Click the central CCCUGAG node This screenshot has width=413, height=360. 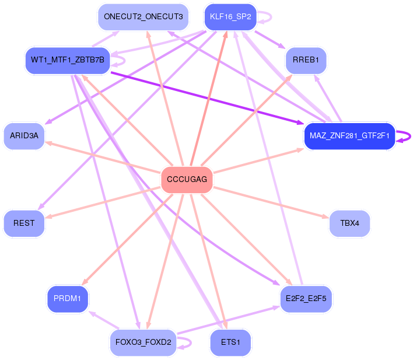tap(187, 179)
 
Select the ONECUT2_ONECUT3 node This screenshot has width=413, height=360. tap(143, 17)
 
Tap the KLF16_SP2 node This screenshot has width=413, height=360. tap(230, 17)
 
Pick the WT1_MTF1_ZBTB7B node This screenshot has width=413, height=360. tap(68, 60)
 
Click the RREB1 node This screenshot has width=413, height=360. tap(306, 60)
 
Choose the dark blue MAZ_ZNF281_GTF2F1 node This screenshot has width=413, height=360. tap(349, 136)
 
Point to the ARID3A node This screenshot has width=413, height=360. tap(24, 136)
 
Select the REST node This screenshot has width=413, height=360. tap(24, 223)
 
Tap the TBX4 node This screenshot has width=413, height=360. tap(349, 223)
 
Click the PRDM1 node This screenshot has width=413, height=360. tap(68, 299)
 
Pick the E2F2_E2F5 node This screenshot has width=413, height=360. tap(306, 299)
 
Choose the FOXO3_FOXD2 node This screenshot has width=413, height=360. tap(143, 342)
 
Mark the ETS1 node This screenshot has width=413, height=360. tap(230, 342)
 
